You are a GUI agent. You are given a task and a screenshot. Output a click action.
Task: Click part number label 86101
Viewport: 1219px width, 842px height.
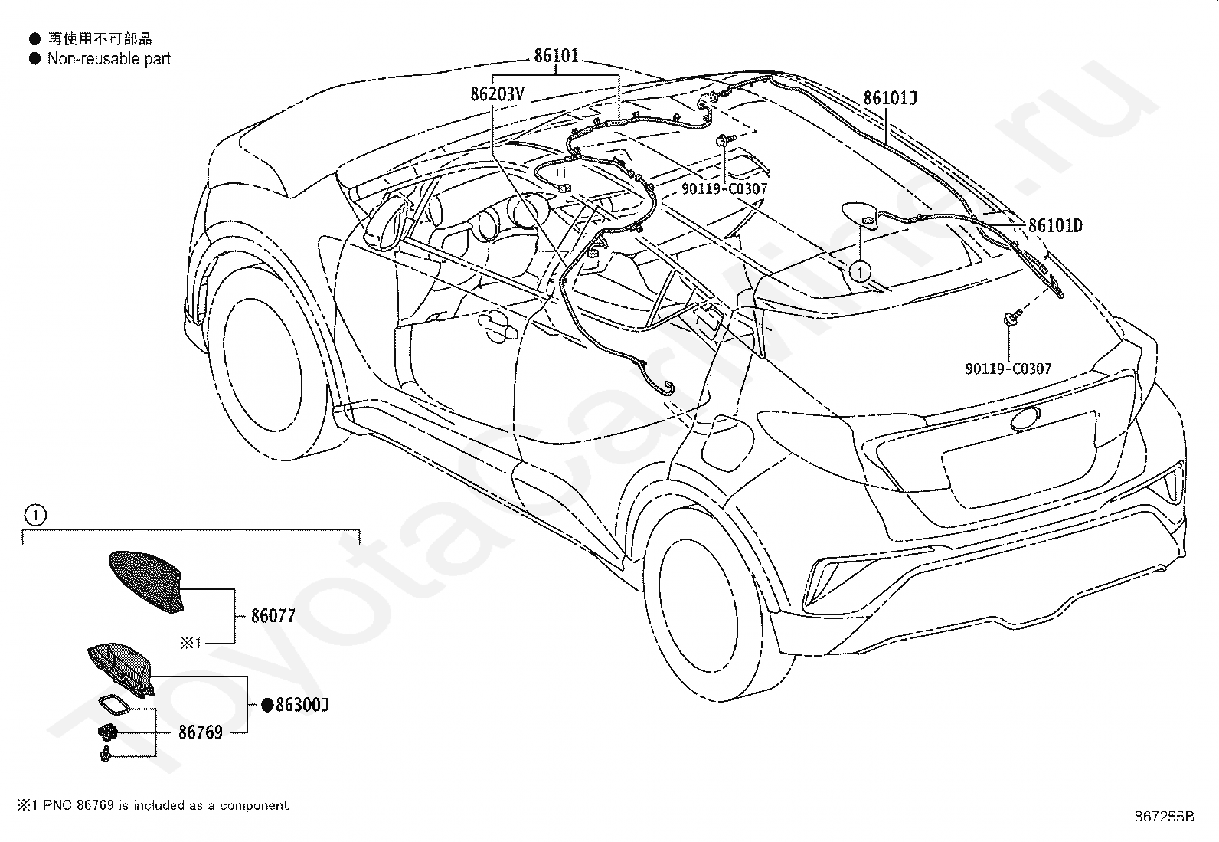tap(556, 56)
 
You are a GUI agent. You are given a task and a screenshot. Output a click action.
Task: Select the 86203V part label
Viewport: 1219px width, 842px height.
tap(498, 94)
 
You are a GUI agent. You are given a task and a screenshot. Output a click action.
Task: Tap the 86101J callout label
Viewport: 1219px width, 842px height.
tap(891, 98)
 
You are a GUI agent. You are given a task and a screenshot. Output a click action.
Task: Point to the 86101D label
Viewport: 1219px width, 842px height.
tap(1055, 225)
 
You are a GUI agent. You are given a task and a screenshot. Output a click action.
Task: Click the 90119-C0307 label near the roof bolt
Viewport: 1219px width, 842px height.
tap(724, 189)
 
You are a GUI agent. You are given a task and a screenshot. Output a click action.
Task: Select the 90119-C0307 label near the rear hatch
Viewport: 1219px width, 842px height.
tap(1008, 369)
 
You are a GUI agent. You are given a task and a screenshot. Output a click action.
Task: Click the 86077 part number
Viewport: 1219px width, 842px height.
tap(273, 616)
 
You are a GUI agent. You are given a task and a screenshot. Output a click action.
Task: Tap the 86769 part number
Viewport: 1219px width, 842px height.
tap(201, 732)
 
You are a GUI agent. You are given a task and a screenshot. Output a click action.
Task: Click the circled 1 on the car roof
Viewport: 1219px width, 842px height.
tap(860, 272)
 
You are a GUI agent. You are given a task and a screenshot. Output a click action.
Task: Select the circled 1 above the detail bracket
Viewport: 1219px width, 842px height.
tap(36, 515)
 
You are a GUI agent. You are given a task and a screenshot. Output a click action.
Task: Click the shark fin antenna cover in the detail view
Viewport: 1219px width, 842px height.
tap(148, 581)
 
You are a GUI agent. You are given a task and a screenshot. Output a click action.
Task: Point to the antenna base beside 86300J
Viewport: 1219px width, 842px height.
tap(122, 669)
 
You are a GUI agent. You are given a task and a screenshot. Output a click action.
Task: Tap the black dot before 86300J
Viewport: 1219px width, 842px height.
tap(266, 706)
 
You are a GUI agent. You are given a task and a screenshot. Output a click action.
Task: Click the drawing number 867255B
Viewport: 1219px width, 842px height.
tap(1164, 816)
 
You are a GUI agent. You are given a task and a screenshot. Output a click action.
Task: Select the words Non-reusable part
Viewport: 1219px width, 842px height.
tap(109, 59)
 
